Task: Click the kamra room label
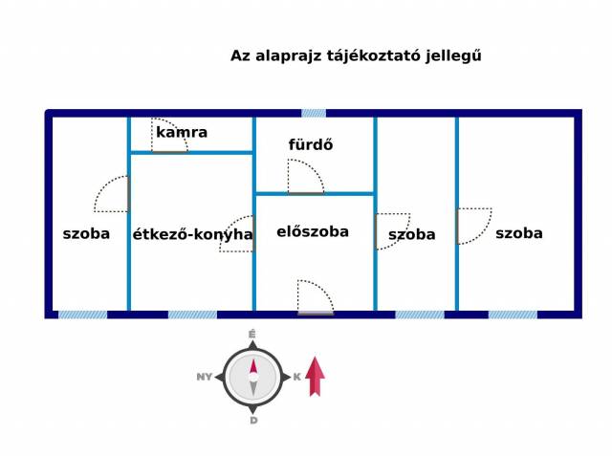pos(182,132)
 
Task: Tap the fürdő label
pos(311,144)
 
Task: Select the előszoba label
pos(313,231)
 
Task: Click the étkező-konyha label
pos(192,234)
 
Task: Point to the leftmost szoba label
pos(86,233)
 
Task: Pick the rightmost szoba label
pos(519,233)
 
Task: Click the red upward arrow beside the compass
pos(315,376)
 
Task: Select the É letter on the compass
pos(252,335)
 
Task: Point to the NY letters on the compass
pos(204,377)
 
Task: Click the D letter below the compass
pos(253,421)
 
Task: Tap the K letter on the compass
pos(297,377)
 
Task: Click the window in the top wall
pos(314,113)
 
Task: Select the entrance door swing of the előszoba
pos(316,296)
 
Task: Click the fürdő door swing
pos(306,176)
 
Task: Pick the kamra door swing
pos(169,135)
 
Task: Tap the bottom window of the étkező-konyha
pos(192,315)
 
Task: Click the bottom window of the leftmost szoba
pos(83,315)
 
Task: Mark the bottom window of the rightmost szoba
pos(513,315)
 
